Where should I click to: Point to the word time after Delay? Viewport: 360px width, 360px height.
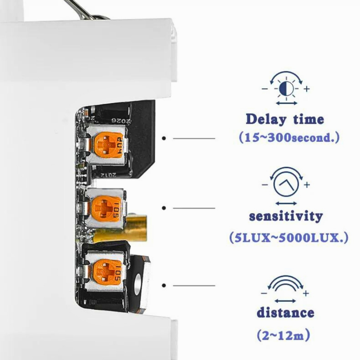(309, 119)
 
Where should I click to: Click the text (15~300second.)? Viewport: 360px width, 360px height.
(289, 137)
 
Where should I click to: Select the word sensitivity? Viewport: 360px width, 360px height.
(286, 216)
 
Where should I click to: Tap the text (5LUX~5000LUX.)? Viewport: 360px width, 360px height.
(289, 238)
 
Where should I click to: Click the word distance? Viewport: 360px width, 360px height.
(285, 313)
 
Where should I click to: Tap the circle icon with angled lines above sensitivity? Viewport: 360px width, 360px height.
(286, 184)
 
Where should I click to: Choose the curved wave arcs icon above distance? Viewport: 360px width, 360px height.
(285, 284)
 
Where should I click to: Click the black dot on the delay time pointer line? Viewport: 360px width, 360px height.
(164, 138)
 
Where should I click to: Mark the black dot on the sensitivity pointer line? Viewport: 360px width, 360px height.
(164, 208)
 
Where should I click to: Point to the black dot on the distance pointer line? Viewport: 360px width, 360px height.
(164, 285)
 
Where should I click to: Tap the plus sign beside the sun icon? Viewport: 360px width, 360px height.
(307, 89)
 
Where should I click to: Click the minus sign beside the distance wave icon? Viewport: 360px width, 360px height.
(264, 293)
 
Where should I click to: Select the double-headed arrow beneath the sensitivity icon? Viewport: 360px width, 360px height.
(286, 204)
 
